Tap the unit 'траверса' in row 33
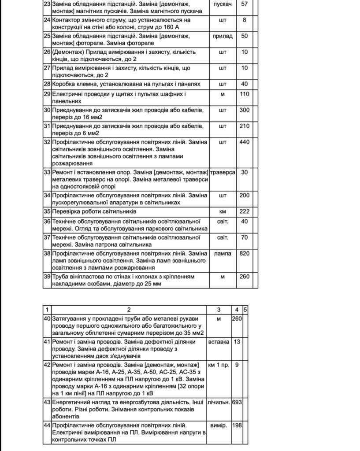(x=223, y=172)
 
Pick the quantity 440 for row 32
(x=244, y=142)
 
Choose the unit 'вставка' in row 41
(x=219, y=342)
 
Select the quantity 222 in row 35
(x=244, y=211)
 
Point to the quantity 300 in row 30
(x=244, y=110)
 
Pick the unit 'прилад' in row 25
(x=223, y=36)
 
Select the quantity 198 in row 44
(x=237, y=426)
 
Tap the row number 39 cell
(x=47, y=277)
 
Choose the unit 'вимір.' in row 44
(x=219, y=426)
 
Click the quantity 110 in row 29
(x=244, y=94)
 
